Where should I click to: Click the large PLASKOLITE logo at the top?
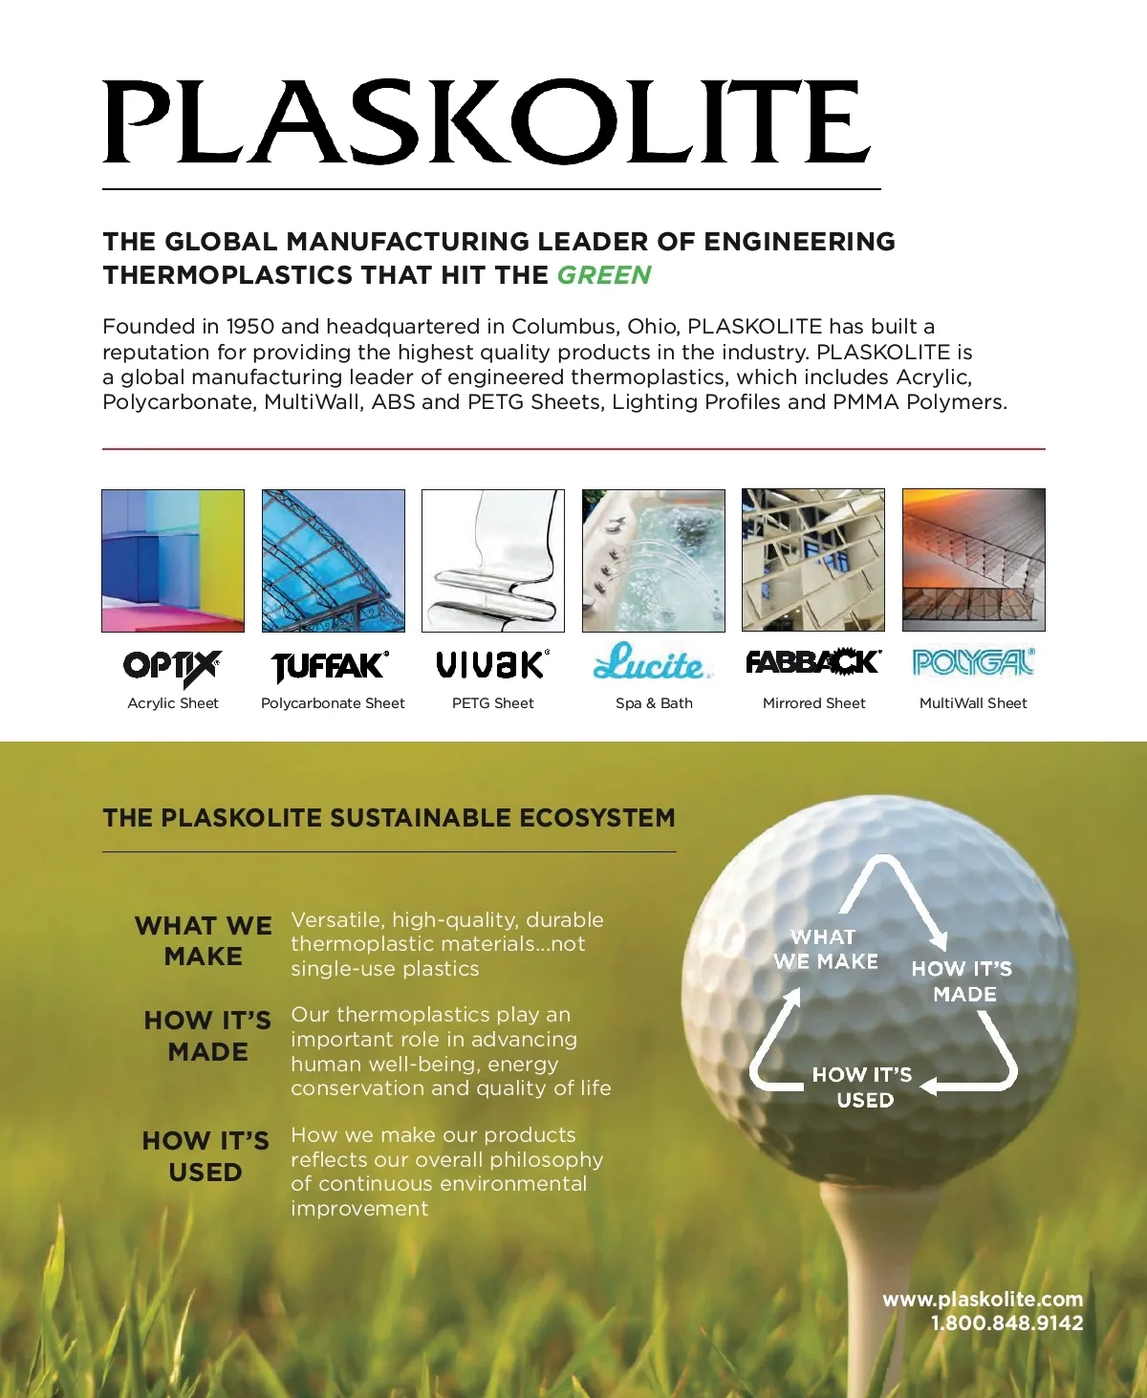click(487, 121)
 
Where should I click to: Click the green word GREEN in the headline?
click(603, 275)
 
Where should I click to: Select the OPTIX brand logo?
click(173, 666)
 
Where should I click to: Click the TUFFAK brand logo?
click(331, 665)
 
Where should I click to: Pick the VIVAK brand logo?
click(492, 663)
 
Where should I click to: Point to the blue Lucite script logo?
click(653, 662)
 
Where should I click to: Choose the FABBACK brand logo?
click(812, 661)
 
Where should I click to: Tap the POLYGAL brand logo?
click(973, 661)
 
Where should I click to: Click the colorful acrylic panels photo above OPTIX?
click(173, 560)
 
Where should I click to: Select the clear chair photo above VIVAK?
click(493, 560)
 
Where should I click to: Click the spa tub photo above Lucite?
click(654, 560)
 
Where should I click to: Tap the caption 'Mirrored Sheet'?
click(813, 703)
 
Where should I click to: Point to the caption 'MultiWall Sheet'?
click(973, 703)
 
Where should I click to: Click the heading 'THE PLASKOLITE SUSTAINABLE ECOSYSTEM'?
click(389, 818)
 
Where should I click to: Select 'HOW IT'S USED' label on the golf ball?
click(863, 1087)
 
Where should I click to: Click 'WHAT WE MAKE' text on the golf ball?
click(826, 949)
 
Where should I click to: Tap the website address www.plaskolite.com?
click(983, 1300)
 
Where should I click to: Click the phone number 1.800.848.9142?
click(1006, 1323)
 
